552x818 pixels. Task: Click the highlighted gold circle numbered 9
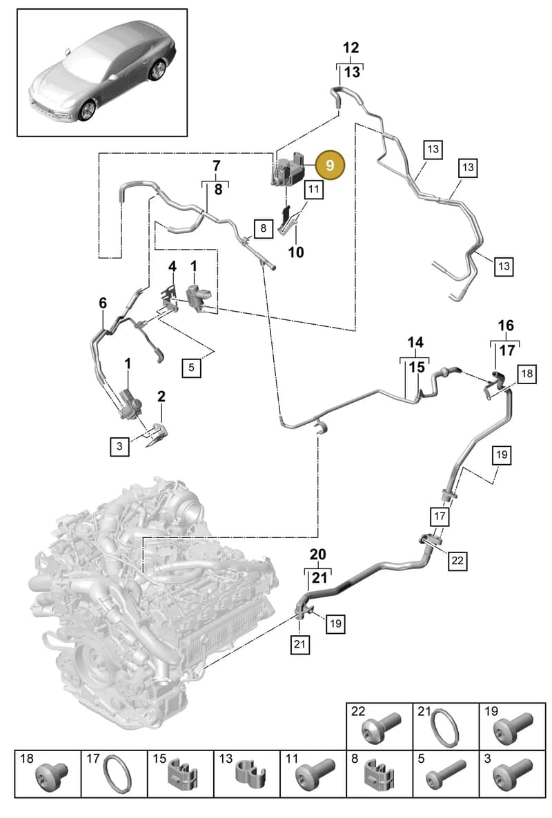coord(329,165)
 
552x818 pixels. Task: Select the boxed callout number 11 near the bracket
coord(313,189)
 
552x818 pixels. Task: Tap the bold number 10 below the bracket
coord(296,252)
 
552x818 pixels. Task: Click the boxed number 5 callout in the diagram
coord(191,367)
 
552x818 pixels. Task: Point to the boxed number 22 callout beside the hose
coord(457,560)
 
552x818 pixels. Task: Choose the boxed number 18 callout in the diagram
coord(527,373)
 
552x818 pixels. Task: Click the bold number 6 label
coord(103,303)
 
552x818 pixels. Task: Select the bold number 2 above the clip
coord(161,397)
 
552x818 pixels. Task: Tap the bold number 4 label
coord(172,267)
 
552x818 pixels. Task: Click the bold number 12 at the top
coord(351,48)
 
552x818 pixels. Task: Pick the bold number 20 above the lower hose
coord(317,555)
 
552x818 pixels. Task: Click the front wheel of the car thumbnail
coord(87,110)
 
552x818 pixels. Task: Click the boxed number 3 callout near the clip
coord(119,446)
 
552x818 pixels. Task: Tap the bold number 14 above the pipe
coord(415,343)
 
